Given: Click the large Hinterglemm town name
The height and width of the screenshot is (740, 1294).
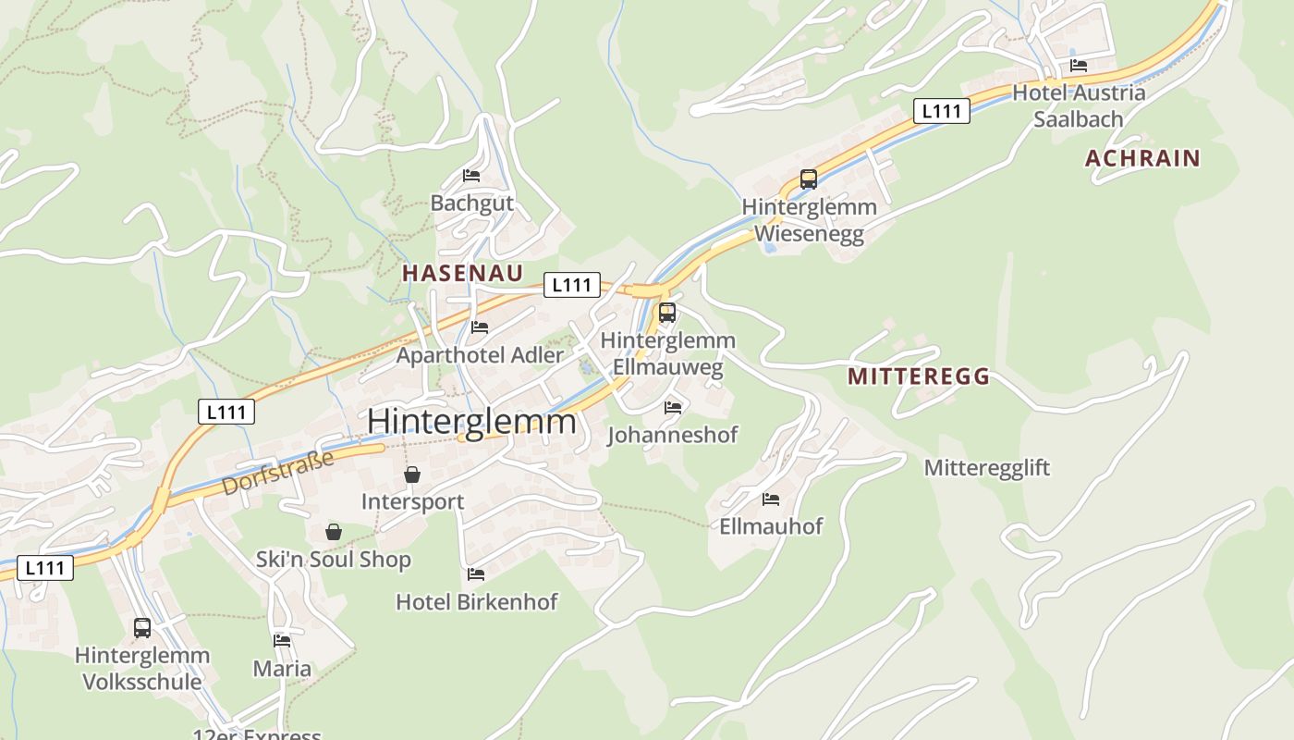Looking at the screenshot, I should click(471, 422).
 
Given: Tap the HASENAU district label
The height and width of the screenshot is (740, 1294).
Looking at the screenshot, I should click(462, 273).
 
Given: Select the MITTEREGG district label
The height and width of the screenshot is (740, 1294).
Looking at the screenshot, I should click(918, 376).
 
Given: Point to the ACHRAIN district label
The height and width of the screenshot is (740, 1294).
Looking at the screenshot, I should click(1142, 158).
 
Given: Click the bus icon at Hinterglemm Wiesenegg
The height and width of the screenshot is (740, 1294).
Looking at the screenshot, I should click(809, 179).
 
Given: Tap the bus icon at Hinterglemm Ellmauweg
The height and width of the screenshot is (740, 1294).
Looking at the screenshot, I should click(667, 313).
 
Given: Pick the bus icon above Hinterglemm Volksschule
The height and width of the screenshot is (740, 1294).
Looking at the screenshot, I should click(142, 628).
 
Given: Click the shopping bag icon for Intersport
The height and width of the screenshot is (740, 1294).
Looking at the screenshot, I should click(412, 475).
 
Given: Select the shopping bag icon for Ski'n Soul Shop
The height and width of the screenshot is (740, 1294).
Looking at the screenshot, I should click(334, 532).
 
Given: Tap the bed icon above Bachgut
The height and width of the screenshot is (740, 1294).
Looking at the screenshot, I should click(471, 176).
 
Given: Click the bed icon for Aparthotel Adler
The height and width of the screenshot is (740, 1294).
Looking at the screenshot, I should click(479, 327).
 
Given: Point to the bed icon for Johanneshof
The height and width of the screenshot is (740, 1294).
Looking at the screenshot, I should click(673, 407).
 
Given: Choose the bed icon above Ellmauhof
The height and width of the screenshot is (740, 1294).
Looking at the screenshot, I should click(771, 499).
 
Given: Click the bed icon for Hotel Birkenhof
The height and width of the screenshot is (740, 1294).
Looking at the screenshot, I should click(476, 574).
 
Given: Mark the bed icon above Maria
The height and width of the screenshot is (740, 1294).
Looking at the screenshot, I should click(282, 640).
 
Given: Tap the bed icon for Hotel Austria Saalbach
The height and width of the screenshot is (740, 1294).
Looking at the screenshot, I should click(1079, 66).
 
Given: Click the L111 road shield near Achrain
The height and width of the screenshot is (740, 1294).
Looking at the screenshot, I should click(942, 112).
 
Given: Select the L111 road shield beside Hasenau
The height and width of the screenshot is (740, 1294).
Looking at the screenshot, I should click(571, 285).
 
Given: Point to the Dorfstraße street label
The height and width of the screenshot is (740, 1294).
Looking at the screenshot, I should click(277, 473).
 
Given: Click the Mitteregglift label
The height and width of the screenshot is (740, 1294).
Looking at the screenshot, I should click(987, 468).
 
